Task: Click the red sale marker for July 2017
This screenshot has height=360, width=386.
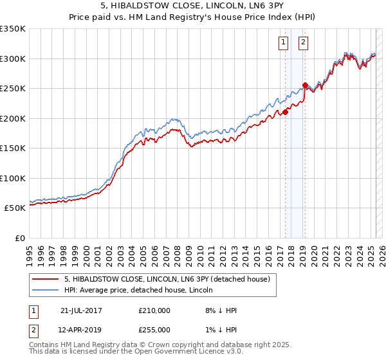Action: click(x=285, y=112)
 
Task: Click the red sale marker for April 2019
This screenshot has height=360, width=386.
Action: click(x=305, y=85)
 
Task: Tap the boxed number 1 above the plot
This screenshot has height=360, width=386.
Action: click(x=284, y=43)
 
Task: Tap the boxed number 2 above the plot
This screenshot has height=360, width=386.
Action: click(x=303, y=43)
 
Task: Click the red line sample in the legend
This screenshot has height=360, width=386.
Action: click(x=45, y=279)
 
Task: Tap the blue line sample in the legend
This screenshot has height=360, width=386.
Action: click(x=45, y=290)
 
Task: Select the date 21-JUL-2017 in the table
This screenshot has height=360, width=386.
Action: click(x=81, y=310)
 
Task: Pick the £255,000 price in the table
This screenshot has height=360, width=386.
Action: click(x=154, y=330)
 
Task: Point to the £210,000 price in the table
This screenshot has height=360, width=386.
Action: click(x=154, y=310)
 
